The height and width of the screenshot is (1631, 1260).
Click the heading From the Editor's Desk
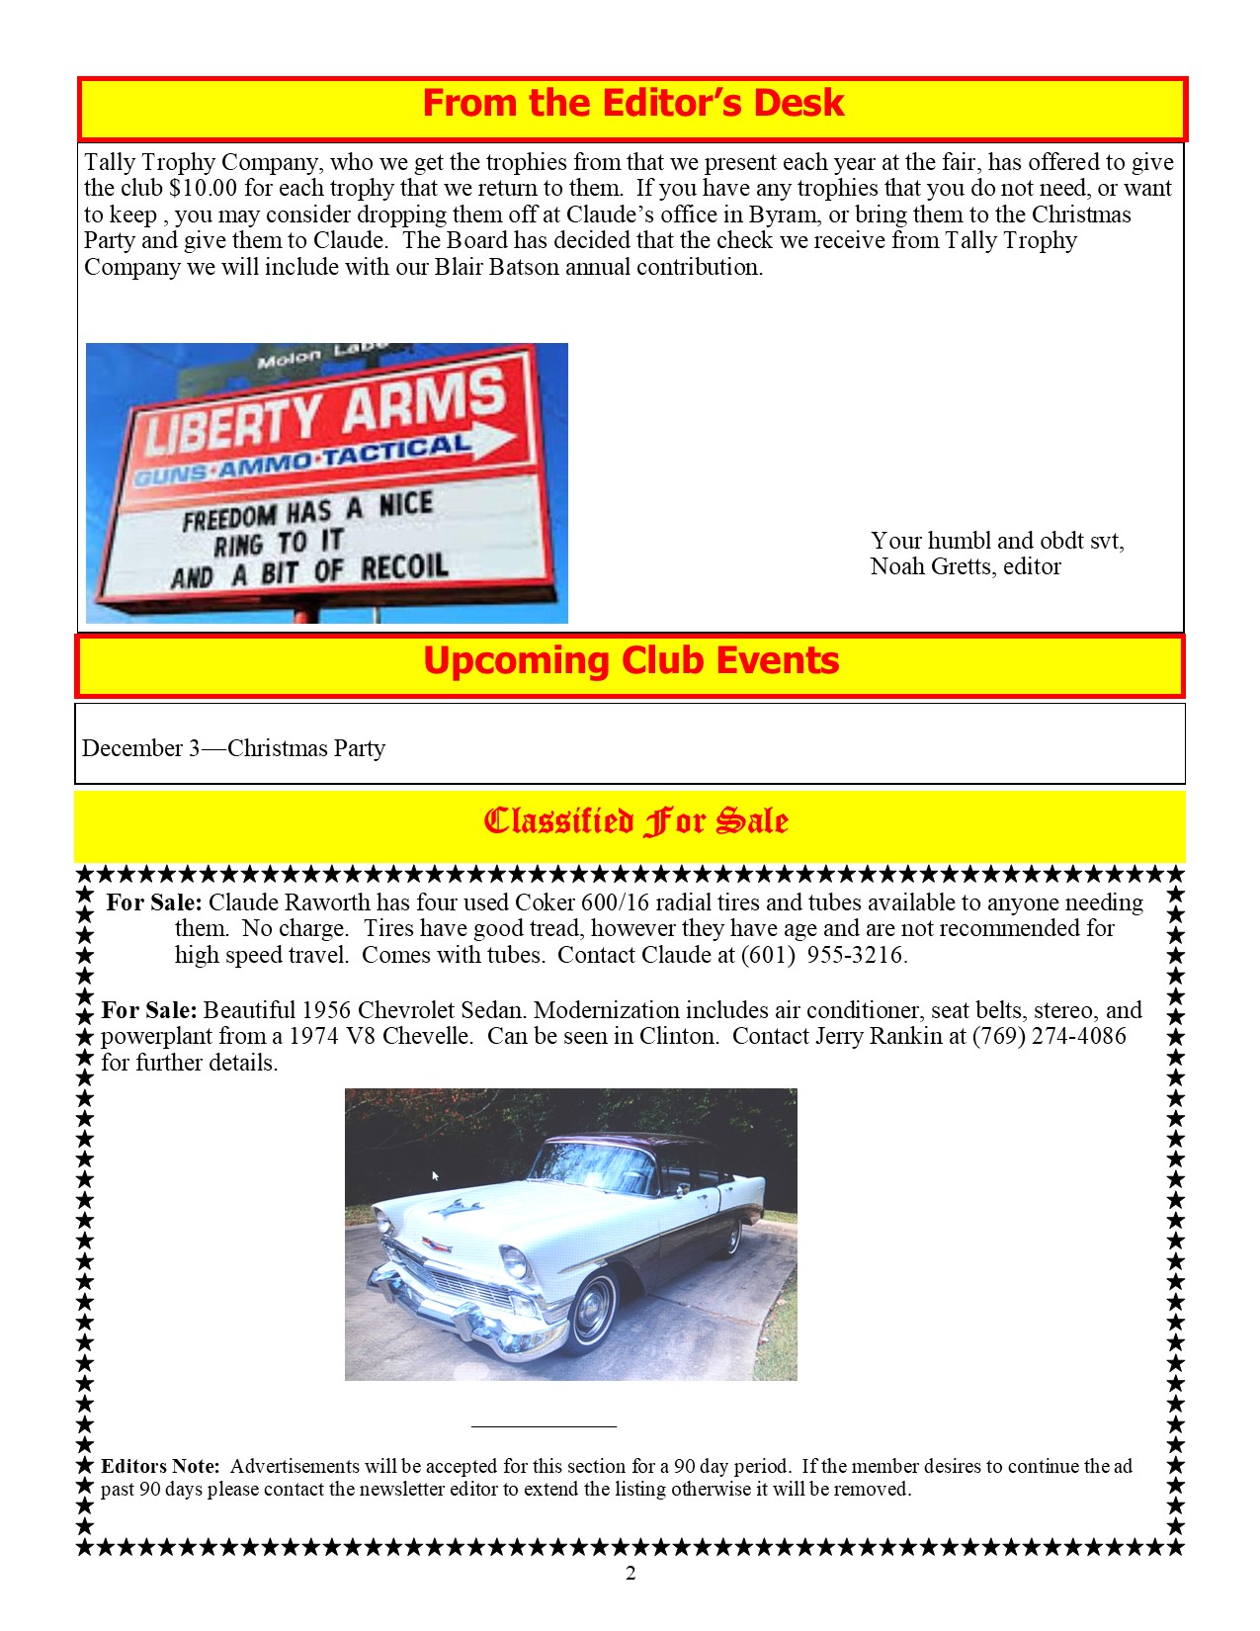[632, 104]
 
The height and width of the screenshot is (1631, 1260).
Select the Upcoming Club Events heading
[630, 661]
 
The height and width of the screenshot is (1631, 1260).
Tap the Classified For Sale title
[635, 820]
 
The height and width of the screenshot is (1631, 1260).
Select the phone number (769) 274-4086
[1049, 1036]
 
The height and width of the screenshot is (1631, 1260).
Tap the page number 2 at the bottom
[630, 1574]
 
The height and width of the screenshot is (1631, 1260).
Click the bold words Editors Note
[160, 1466]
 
